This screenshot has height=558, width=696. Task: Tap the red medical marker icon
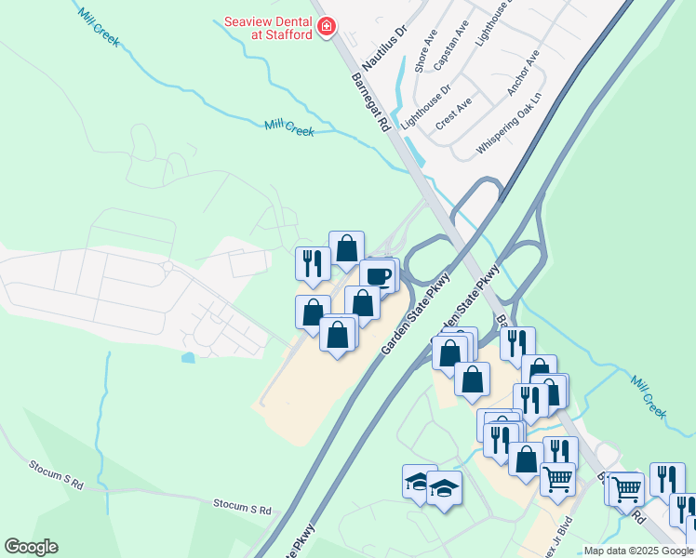pos(326,26)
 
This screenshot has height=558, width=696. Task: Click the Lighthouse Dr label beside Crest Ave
pos(425,106)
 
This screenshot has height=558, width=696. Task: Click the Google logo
pos(31,547)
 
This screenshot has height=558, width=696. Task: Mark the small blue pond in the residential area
pos(190,356)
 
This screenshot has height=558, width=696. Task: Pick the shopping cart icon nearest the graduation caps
pos(557,479)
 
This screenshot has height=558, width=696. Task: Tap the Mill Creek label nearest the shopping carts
pos(649,396)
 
